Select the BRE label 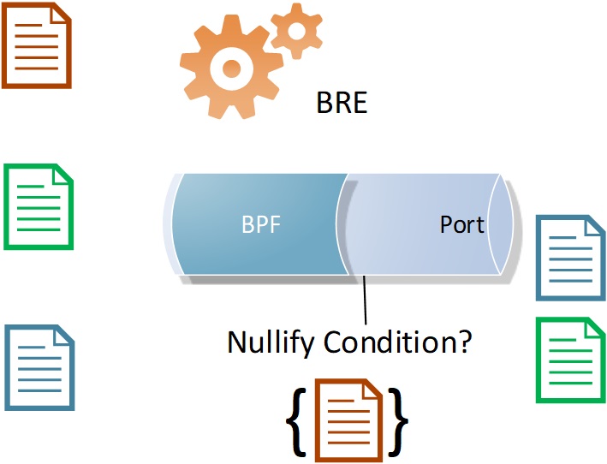342,104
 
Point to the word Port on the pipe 461,224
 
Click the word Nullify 272,342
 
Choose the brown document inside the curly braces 348,418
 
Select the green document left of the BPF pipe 39,206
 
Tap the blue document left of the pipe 39,367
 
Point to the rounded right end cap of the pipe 502,224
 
